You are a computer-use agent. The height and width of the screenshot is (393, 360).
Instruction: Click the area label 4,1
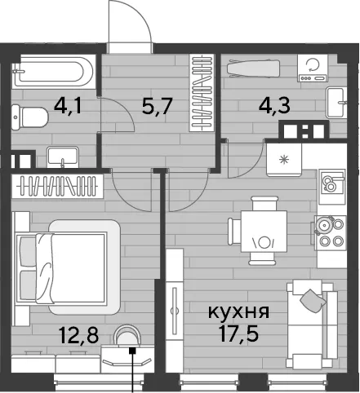point(68,106)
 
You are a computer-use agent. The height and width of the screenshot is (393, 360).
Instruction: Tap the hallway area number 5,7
point(157,106)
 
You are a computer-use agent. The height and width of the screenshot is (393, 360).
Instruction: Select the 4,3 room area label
point(274,105)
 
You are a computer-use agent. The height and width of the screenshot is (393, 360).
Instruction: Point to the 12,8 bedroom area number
point(78,335)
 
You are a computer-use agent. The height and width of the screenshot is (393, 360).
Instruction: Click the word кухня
point(238,312)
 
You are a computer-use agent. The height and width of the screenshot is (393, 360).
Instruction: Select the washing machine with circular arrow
point(313,68)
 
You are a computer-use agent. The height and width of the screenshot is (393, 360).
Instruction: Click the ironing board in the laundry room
point(254,68)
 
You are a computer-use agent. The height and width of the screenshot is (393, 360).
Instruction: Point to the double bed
point(68,267)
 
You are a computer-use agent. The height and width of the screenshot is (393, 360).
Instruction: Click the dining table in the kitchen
point(264,231)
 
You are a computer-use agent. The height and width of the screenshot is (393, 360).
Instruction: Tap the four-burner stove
point(331,233)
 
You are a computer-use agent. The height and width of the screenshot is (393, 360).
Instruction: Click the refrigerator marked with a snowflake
point(284,160)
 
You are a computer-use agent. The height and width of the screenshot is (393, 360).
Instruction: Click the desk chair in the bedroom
point(127,336)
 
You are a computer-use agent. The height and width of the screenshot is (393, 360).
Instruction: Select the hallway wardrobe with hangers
point(202,93)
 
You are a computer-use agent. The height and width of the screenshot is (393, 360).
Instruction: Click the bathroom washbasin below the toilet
point(63,157)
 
